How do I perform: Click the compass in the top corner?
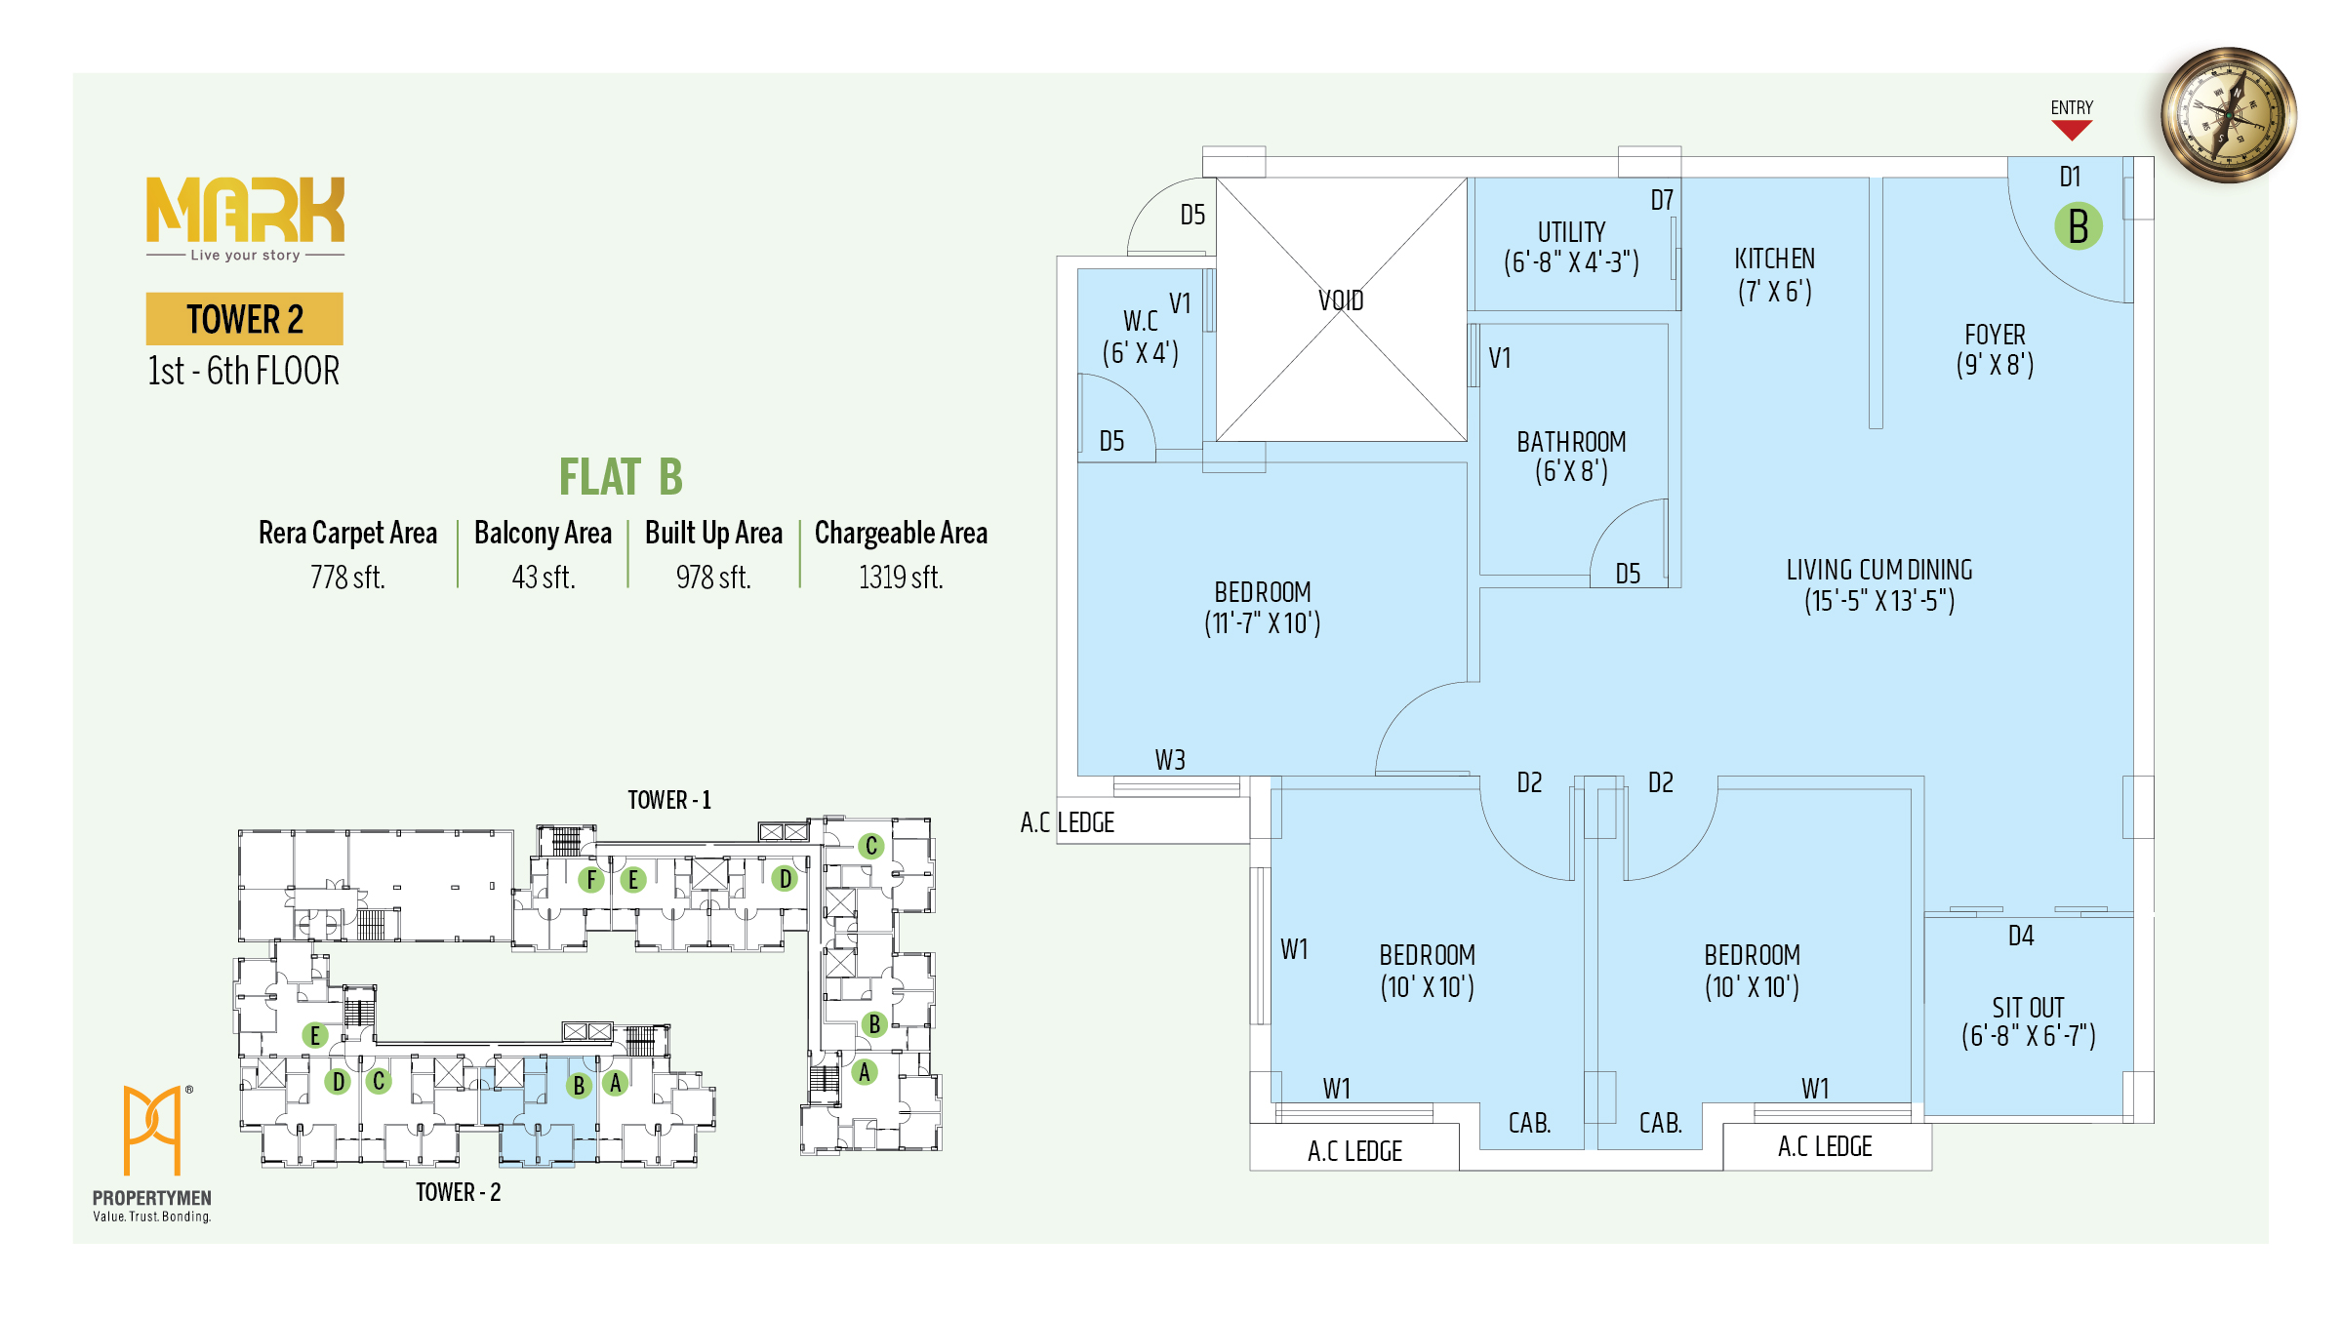(2229, 115)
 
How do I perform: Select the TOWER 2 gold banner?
(245, 319)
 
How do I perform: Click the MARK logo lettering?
(245, 210)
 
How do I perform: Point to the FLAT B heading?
(621, 477)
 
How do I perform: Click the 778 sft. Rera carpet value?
(347, 578)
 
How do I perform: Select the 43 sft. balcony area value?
(544, 578)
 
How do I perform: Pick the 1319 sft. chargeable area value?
(901, 578)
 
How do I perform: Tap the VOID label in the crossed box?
(1341, 300)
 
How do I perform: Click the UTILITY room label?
(1571, 232)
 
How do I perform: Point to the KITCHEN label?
(1774, 259)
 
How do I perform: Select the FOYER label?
(1995, 335)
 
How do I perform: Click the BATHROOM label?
(1571, 442)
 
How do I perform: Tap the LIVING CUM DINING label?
(1879, 570)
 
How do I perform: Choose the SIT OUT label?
(2028, 1008)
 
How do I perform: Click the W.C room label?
(1140, 321)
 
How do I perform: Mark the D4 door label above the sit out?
(2021, 937)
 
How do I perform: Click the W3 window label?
(1170, 760)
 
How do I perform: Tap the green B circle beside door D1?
(2079, 226)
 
